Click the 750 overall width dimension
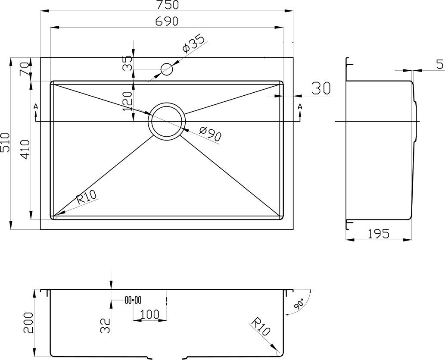167,5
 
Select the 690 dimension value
167,21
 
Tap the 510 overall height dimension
5,142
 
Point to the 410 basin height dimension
25,150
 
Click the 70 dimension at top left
25,69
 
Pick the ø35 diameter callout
193,44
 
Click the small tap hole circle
167,69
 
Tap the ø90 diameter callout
210,134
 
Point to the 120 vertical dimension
128,101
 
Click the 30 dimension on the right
321,88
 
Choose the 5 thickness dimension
439,65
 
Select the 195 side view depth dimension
379,234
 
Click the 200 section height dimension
28,323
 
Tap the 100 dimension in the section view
150,314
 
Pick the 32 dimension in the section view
105,326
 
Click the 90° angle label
299,304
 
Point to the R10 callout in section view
261,328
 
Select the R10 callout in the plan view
87,197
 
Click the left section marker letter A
36,106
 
